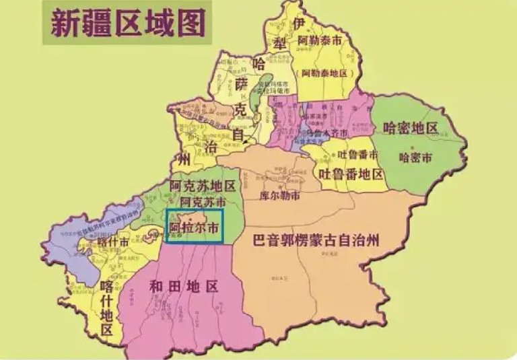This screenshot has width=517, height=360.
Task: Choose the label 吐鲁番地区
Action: [x=351, y=174]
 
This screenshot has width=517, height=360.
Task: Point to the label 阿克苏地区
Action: [x=202, y=186]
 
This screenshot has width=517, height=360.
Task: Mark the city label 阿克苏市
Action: [x=203, y=201]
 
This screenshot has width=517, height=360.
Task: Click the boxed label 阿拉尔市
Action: [x=195, y=227]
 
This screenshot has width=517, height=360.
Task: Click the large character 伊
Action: [x=300, y=23]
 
